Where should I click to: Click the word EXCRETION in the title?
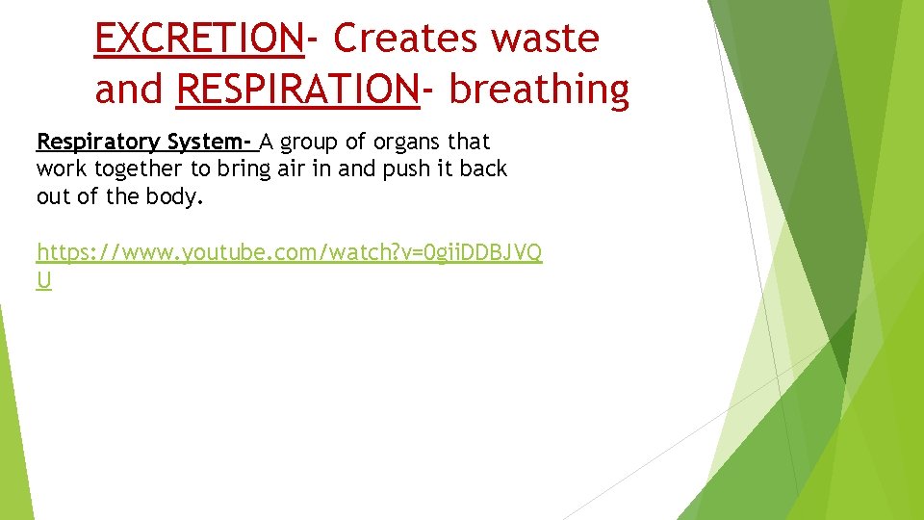(199, 39)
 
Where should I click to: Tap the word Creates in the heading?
(404, 39)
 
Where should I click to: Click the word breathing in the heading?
(539, 90)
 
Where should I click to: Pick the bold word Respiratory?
(97, 143)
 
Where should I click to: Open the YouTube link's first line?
(289, 253)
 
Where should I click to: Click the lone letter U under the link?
(43, 280)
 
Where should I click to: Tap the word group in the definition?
(311, 143)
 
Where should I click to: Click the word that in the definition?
(469, 143)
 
